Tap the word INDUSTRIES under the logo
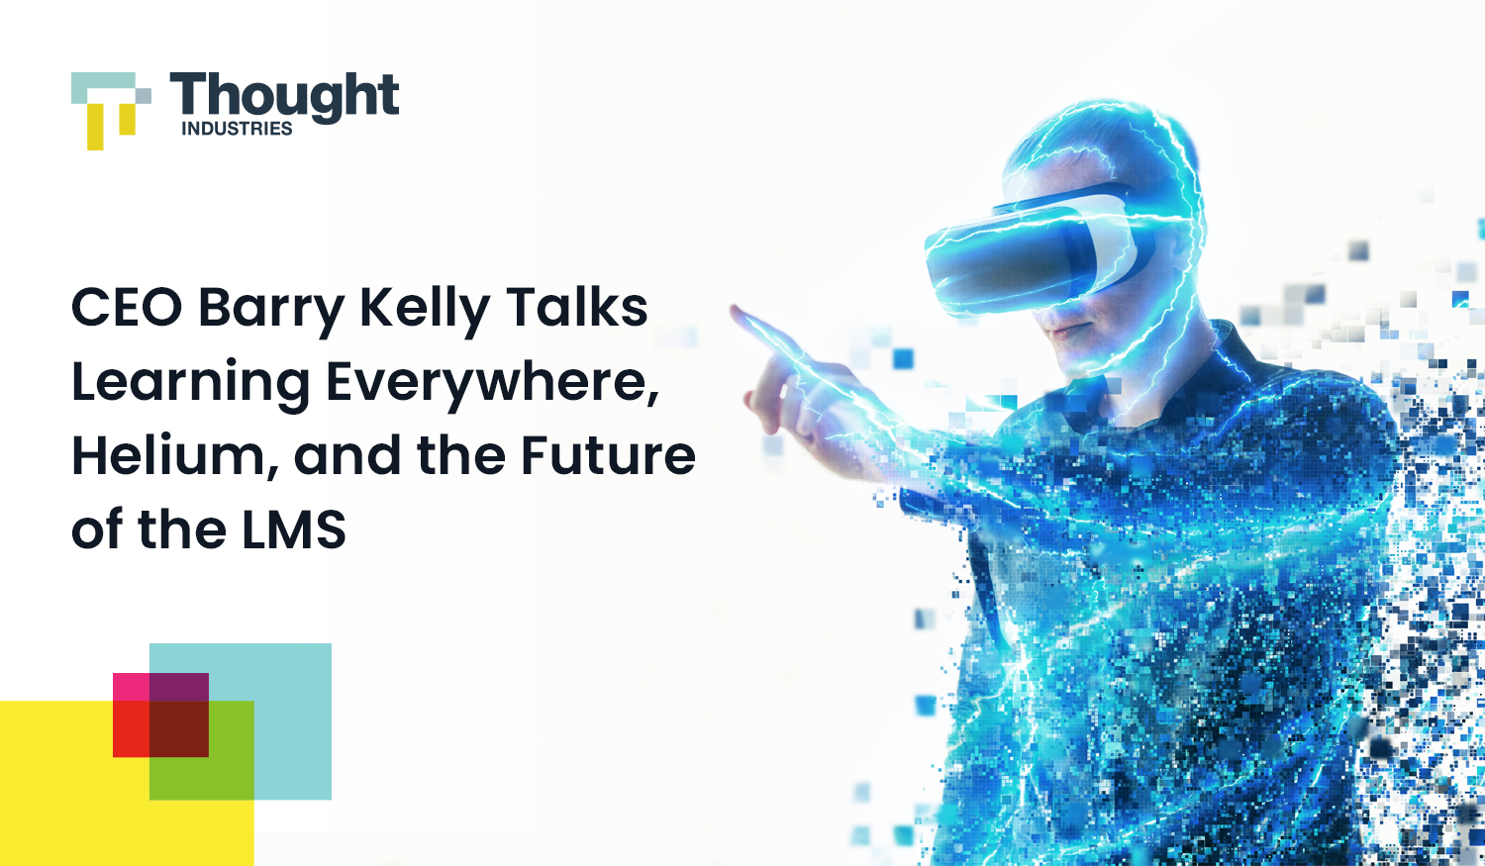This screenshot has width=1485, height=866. (x=237, y=129)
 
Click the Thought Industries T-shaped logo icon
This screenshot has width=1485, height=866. (x=111, y=111)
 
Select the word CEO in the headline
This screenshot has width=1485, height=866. (x=127, y=308)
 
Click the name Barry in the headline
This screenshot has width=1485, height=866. (x=271, y=312)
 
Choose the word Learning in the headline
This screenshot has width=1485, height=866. (x=190, y=385)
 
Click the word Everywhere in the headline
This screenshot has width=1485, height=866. (x=493, y=385)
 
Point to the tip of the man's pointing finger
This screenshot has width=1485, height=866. (x=734, y=308)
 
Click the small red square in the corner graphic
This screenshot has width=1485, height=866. (x=132, y=728)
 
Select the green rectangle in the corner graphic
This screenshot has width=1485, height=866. (x=202, y=778)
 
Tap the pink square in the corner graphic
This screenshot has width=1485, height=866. (x=132, y=687)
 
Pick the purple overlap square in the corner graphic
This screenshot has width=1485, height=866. (x=179, y=687)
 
